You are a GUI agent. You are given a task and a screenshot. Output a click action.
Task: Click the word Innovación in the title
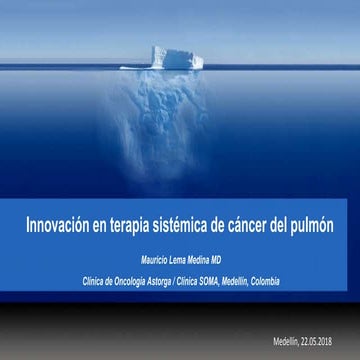point(59,227)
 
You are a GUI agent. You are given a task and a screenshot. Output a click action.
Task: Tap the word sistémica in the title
point(187,227)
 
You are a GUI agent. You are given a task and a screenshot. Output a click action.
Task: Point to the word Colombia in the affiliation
point(268,281)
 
